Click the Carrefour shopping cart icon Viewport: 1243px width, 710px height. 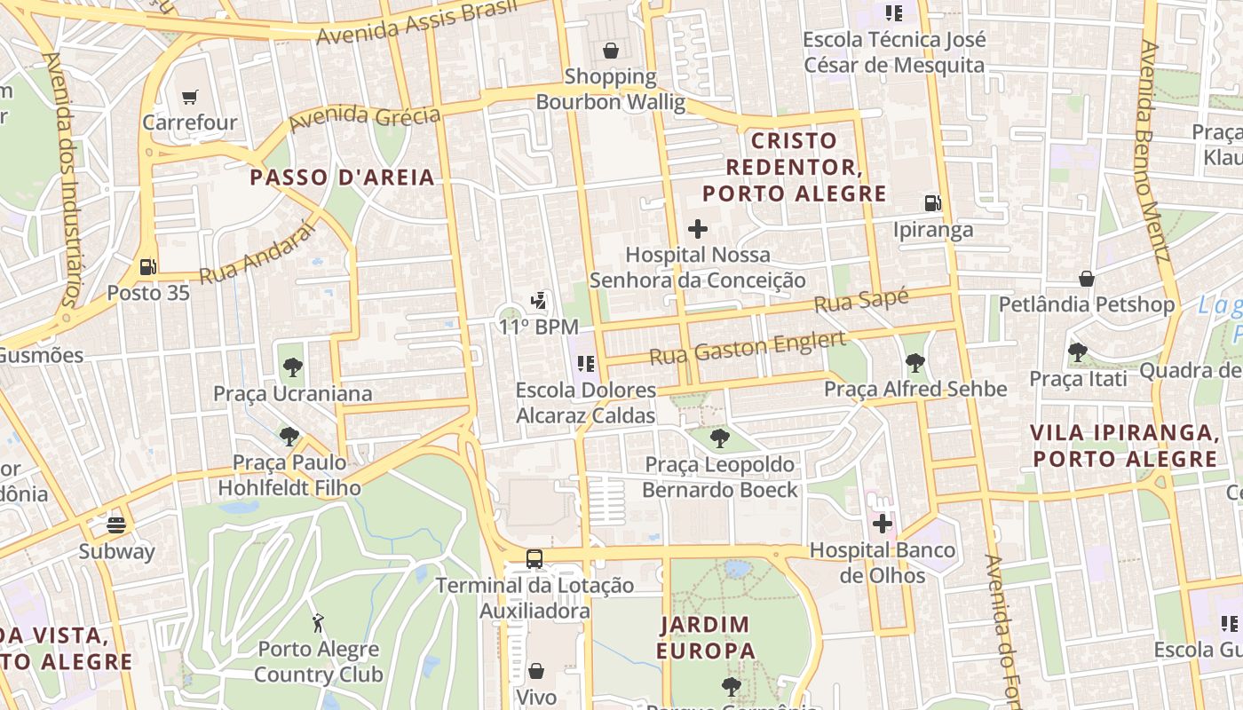189,97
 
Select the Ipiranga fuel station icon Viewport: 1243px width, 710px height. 932,203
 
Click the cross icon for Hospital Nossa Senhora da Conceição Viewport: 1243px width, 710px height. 698,229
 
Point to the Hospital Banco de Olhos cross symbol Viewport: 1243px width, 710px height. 882,524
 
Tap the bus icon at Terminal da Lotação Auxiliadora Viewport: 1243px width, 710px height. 534,559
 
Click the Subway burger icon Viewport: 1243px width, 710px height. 116,525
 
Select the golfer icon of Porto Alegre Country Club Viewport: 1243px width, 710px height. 318,623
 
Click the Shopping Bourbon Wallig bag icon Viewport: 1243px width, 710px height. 610,51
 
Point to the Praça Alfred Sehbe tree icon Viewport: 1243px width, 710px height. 914,362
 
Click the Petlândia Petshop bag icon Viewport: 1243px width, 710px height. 1086,279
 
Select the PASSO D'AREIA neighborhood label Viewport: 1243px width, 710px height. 342,177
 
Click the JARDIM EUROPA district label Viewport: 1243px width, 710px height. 705,637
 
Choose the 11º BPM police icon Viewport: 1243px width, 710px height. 538,301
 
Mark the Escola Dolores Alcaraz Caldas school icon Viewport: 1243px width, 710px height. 585,363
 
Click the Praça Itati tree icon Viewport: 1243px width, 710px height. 1078,352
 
